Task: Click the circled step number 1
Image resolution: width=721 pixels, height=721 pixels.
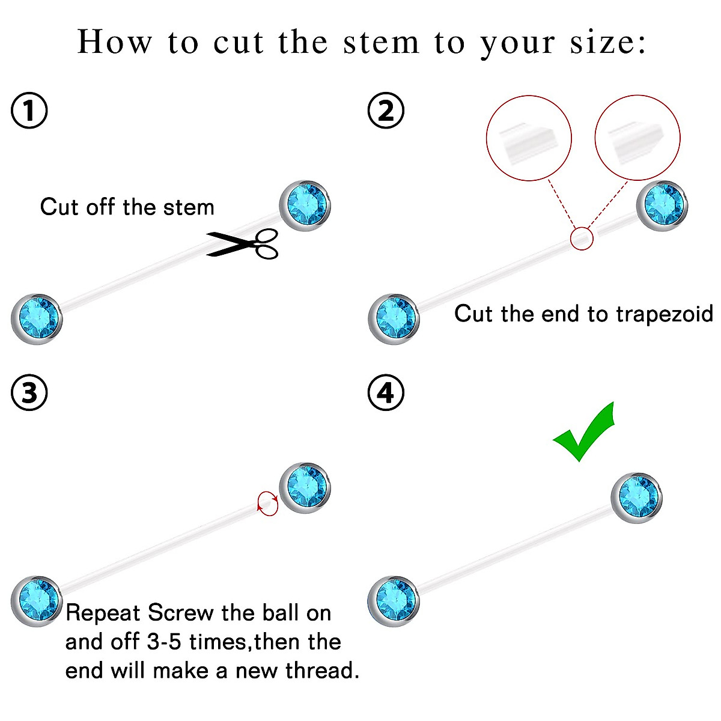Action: (x=29, y=111)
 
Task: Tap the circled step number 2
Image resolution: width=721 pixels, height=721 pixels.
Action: (x=385, y=111)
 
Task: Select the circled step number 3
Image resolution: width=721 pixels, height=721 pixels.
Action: (x=29, y=393)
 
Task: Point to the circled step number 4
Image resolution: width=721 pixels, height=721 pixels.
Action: (x=385, y=393)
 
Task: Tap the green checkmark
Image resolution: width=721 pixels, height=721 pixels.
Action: (x=584, y=432)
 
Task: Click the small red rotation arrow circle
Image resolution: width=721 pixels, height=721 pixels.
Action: (x=268, y=503)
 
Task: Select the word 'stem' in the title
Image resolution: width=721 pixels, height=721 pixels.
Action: (x=381, y=43)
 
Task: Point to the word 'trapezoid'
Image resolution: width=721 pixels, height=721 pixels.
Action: (x=665, y=314)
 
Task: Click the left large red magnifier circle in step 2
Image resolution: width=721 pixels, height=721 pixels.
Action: (x=528, y=138)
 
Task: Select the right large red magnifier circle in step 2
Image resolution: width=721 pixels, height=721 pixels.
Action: (x=637, y=138)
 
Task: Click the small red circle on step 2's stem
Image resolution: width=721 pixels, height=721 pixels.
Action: (x=581, y=239)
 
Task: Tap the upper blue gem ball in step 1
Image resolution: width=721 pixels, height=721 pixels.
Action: (x=306, y=205)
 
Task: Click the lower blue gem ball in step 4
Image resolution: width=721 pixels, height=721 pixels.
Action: (x=394, y=601)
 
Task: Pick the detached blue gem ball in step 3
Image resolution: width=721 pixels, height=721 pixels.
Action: (x=306, y=487)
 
